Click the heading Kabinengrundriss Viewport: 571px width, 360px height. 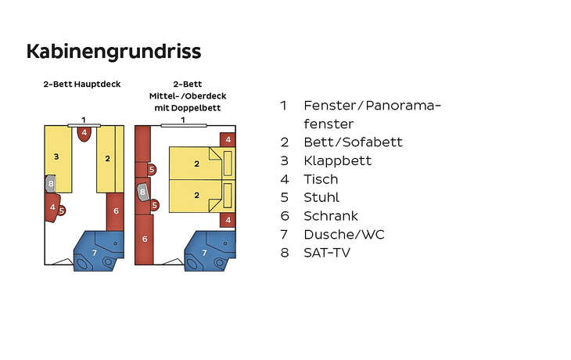113,52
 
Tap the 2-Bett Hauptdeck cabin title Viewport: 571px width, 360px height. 82,85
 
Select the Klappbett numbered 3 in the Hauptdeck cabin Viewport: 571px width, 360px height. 58,159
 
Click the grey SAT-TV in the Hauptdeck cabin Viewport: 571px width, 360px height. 50,184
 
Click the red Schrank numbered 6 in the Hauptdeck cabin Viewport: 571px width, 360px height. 116,211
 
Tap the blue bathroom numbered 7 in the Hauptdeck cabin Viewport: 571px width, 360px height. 98,251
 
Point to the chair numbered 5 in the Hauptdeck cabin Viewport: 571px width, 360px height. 62,211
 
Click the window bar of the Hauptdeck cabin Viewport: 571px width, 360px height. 84,125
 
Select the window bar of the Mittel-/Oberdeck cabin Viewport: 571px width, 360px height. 184,125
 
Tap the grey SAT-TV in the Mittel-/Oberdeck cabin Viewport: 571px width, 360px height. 142,192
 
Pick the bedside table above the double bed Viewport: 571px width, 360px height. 228,139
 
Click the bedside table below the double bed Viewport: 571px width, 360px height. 228,220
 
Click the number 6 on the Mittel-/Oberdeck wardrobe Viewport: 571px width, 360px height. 145,239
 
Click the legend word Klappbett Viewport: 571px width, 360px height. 338,160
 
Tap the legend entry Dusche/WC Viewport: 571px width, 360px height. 344,234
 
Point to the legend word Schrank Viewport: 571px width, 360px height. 331,216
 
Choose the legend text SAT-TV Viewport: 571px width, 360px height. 327,253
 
